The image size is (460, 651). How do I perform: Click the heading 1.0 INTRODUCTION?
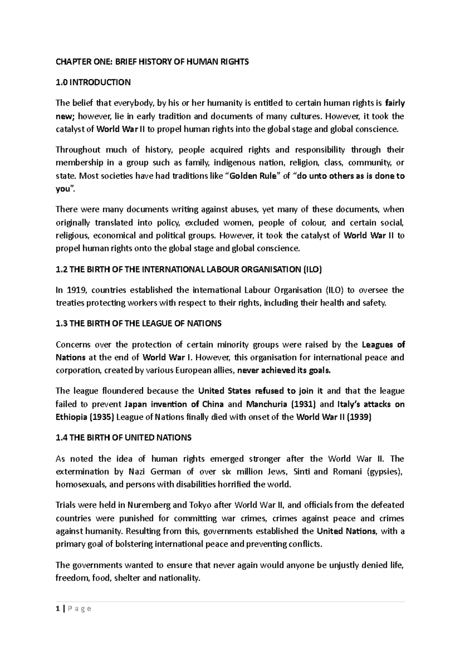point(93,82)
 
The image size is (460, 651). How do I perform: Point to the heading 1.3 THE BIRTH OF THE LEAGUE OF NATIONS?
point(138,323)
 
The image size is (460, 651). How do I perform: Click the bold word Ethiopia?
point(71,417)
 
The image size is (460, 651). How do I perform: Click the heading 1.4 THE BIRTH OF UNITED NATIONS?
point(123,437)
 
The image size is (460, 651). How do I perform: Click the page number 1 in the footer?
point(57,609)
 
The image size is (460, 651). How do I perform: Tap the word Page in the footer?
point(79,609)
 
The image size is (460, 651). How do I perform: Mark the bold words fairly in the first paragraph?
point(395,103)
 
